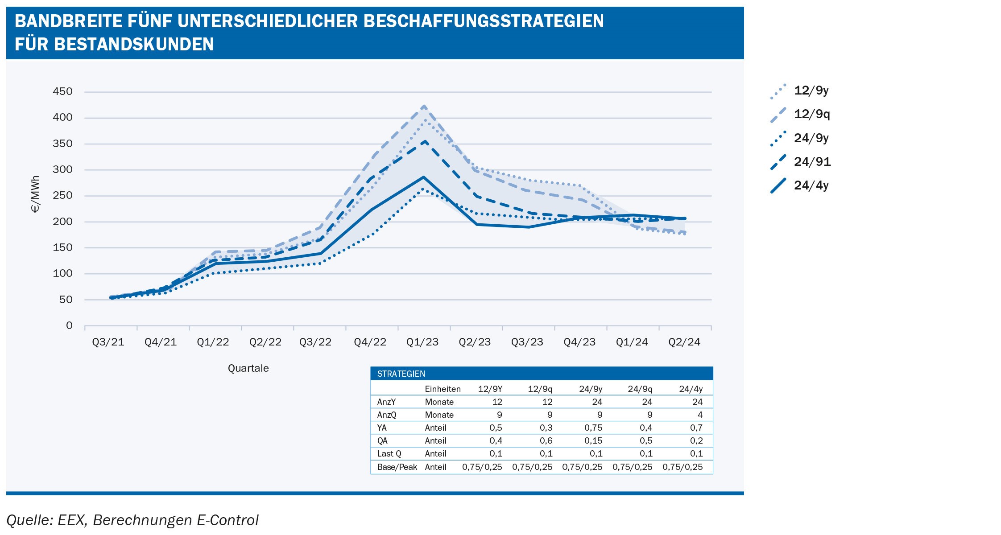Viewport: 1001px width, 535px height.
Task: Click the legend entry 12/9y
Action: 811,91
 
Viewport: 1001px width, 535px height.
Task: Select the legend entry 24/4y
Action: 811,185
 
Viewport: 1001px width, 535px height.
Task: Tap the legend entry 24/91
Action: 812,162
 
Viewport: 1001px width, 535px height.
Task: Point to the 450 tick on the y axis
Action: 62,92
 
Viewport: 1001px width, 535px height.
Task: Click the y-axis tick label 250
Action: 62,196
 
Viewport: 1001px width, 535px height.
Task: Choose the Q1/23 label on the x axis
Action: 422,342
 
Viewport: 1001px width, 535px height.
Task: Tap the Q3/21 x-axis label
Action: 108,342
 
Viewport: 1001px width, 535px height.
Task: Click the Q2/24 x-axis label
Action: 684,342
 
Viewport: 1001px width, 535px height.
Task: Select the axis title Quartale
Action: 248,368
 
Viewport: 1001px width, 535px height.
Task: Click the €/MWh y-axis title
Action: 36,194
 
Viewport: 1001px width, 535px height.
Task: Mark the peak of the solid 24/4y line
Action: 423,177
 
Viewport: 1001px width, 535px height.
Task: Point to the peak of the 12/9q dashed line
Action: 424,106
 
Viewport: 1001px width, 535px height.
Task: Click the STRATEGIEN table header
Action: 401,374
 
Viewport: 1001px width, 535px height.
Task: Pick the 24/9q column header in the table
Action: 640,389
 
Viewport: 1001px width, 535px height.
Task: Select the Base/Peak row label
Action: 397,467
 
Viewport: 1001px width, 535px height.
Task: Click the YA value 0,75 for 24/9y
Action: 593,428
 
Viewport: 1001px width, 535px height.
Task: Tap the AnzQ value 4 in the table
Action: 699,415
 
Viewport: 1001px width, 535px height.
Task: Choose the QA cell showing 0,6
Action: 546,440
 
